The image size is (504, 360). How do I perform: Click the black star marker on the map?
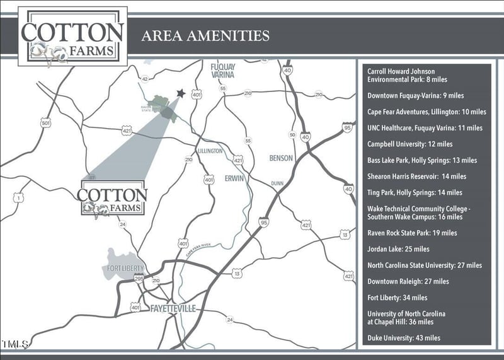click(181, 93)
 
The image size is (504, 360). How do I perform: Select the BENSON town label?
click(281, 158)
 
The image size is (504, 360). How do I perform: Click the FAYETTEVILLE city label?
click(173, 308)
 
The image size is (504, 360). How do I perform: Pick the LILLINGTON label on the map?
click(210, 151)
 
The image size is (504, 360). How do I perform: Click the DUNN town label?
click(278, 183)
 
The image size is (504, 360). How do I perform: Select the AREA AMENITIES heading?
click(205, 35)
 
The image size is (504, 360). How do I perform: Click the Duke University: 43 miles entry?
click(404, 339)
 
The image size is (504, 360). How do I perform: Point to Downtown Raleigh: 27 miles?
click(408, 281)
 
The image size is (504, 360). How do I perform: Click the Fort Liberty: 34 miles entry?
click(397, 298)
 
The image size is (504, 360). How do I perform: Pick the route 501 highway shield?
click(45, 123)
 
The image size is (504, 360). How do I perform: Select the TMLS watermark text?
click(16, 344)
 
